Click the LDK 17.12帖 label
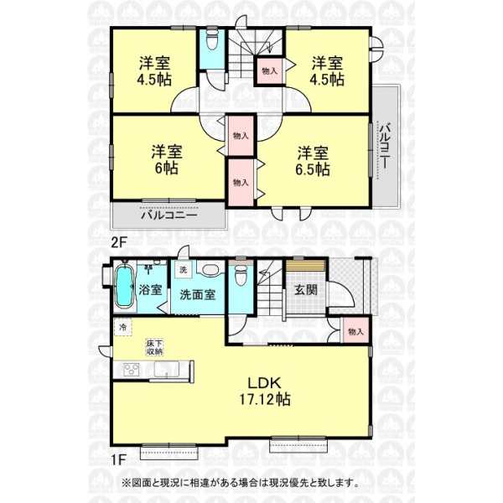click(x=265, y=392)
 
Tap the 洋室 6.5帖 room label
click(x=313, y=161)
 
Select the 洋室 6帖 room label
click(x=167, y=160)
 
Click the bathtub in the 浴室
click(x=124, y=287)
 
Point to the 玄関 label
click(x=306, y=290)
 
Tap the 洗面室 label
click(x=197, y=294)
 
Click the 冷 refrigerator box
click(x=123, y=327)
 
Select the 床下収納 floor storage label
click(x=155, y=347)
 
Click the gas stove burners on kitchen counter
click(x=132, y=371)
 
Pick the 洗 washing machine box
click(x=183, y=270)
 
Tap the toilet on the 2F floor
click(x=212, y=41)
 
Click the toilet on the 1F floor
click(x=241, y=276)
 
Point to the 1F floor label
click(x=118, y=459)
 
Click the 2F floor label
click(x=119, y=242)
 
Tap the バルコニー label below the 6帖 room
click(x=169, y=215)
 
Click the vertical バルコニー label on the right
click(x=385, y=145)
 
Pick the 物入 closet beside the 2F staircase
click(x=269, y=71)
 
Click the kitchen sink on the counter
click(x=167, y=370)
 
